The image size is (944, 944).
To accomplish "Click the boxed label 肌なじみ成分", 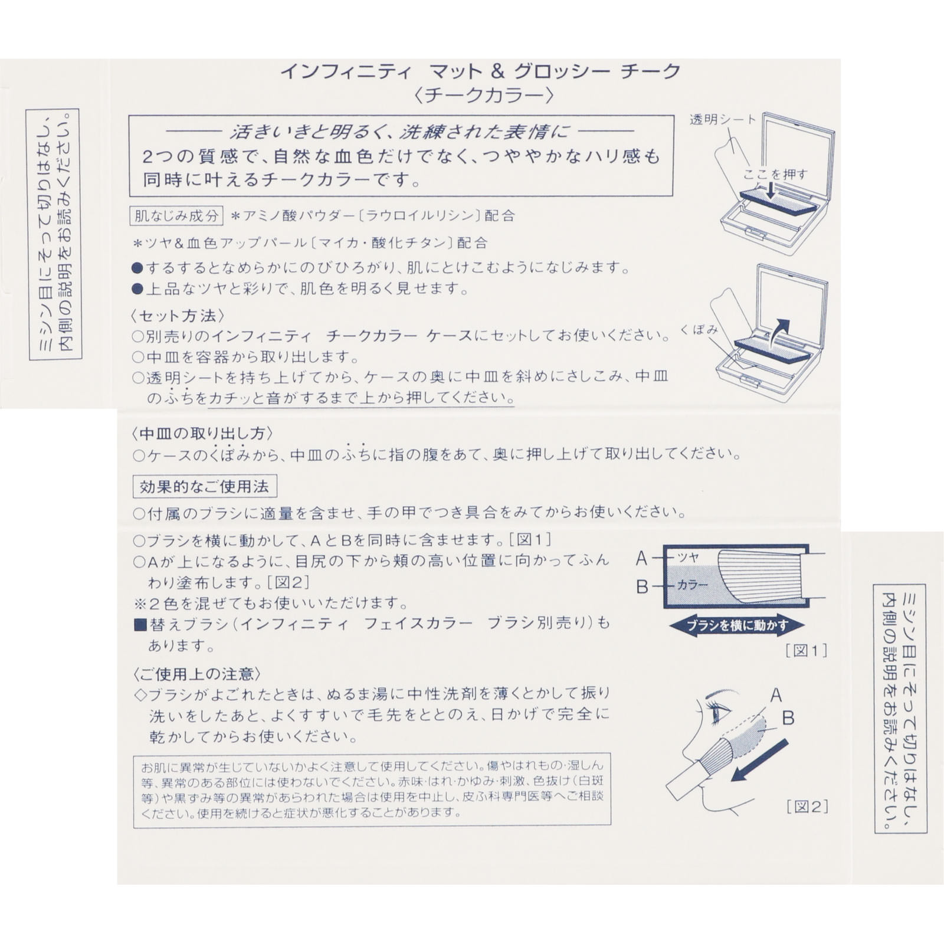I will pos(176,215).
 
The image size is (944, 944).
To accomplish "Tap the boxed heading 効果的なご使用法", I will pos(204,487).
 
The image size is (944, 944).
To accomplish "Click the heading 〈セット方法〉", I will pos(178,316).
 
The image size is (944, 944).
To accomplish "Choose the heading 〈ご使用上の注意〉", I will pos(196,674).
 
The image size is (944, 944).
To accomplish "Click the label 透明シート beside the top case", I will pos(722,120).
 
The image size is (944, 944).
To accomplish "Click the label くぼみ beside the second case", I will pos(699,330).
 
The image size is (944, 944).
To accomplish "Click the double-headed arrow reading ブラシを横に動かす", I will pos(737,626).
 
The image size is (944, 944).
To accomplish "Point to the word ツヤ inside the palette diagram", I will pos(688,557).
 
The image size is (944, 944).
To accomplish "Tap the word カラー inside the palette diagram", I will pos(692,585).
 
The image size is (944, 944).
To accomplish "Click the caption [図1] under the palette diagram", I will pos(806,651).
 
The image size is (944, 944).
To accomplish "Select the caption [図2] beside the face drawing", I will pos(807,807).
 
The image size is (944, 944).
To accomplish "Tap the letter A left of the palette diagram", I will pos(642,558).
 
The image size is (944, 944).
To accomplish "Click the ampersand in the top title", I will pos(497,71).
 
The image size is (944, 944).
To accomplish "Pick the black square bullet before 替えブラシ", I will pos(140,624).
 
